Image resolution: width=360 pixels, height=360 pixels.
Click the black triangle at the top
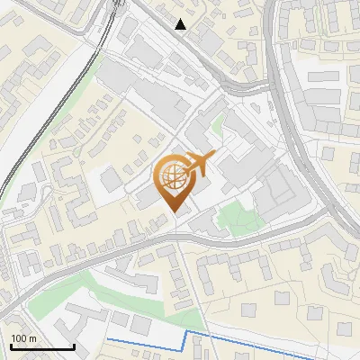click(181, 24)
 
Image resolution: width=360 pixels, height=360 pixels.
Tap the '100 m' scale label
click(23, 338)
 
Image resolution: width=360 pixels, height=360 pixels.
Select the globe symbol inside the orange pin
click(174, 177)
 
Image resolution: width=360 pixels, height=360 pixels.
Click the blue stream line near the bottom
click(270, 342)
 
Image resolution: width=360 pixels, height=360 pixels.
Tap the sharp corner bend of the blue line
click(187, 333)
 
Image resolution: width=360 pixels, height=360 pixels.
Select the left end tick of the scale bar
click(12, 346)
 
